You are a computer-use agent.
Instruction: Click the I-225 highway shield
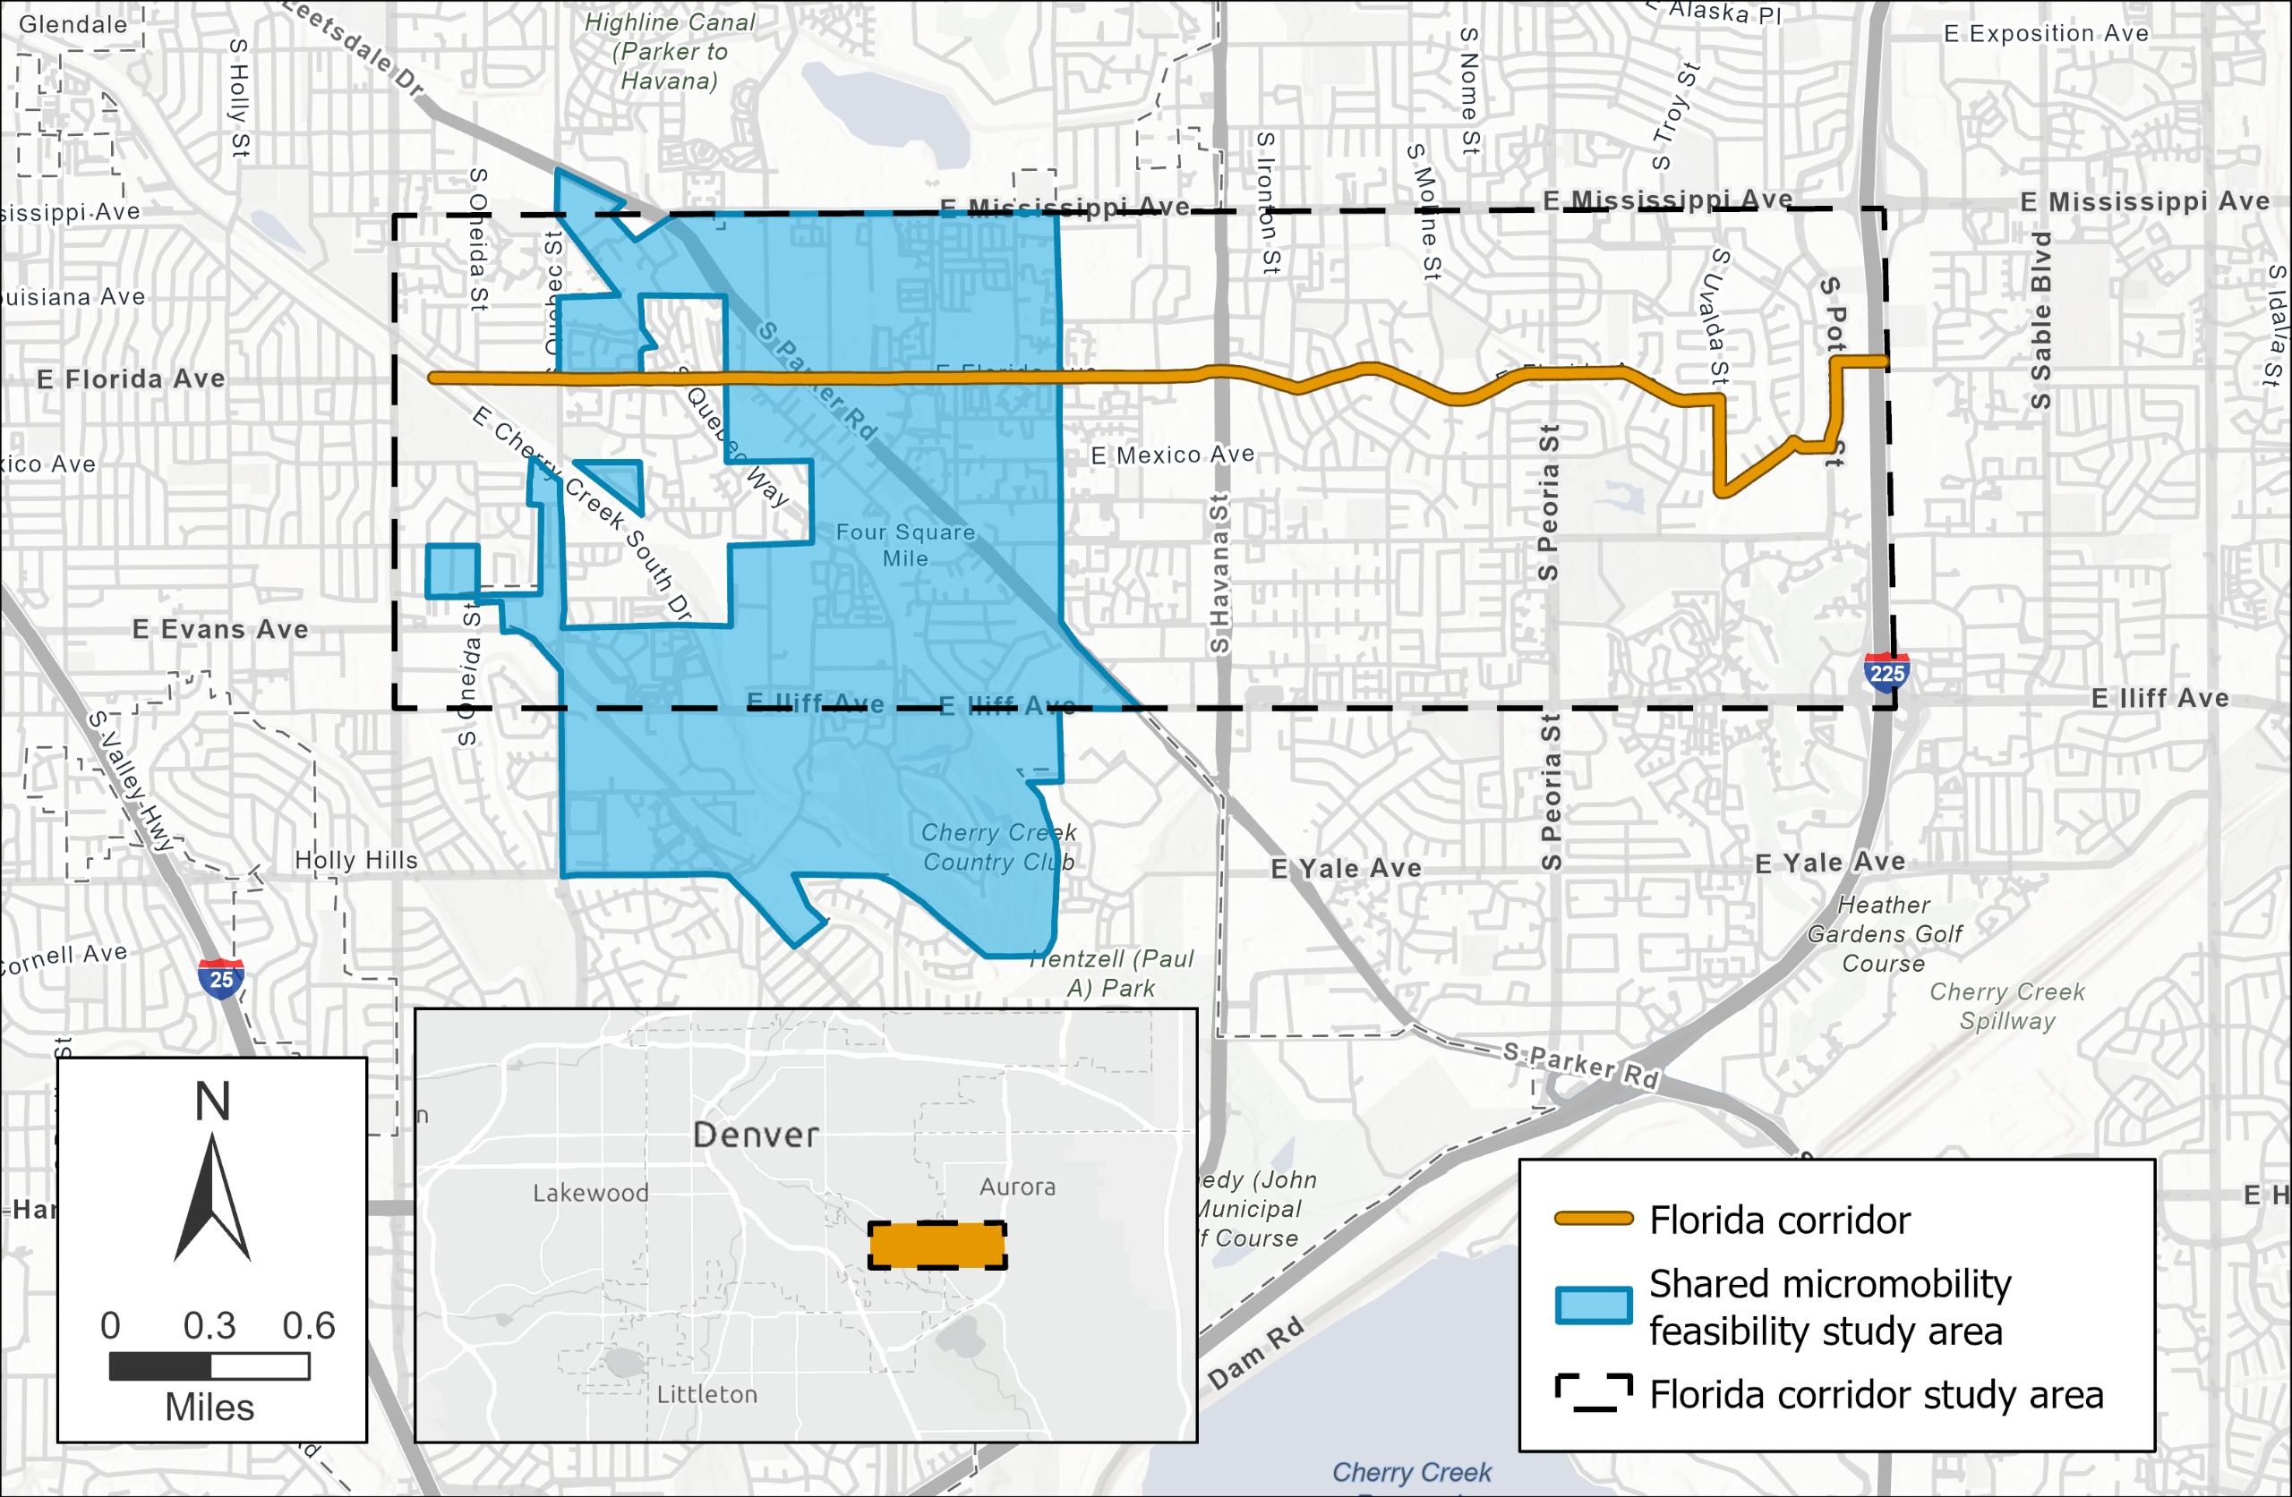[1886, 672]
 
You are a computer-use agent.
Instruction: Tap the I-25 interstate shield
[220, 978]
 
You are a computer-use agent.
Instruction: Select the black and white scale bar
[209, 1365]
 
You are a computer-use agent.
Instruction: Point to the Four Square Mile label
[905, 545]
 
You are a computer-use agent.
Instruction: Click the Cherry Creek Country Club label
[997, 847]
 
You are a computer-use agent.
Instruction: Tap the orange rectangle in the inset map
[937, 1246]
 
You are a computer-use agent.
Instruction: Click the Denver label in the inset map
[756, 1134]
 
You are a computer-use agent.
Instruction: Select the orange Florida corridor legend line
[1594, 1219]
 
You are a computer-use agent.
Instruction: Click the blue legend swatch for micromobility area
[1594, 1306]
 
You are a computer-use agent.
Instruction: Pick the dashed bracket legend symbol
[1594, 1393]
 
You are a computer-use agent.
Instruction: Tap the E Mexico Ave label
[1172, 455]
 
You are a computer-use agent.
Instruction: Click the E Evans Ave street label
[220, 630]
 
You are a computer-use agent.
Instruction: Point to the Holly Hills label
[356, 860]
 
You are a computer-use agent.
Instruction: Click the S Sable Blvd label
[2040, 319]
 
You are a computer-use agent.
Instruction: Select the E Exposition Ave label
[2046, 34]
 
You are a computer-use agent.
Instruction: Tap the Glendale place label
[73, 24]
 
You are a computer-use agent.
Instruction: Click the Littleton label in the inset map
[707, 1394]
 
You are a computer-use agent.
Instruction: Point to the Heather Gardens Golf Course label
[1884, 934]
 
